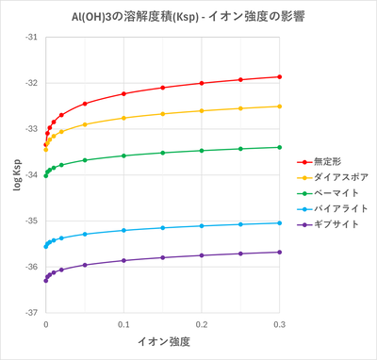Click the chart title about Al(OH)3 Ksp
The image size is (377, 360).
point(188,16)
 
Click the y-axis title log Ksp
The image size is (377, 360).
point(13,174)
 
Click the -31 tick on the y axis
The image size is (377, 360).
point(31,38)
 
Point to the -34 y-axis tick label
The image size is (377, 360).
point(31,175)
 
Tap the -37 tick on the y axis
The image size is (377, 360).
point(31,312)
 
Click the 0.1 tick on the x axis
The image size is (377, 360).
point(123,323)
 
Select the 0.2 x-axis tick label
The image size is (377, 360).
point(202,323)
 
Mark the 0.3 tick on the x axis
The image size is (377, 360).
point(280,323)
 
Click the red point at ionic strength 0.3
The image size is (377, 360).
point(280,76)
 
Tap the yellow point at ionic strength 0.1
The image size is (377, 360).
point(123,118)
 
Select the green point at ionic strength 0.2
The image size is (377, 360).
point(202,150)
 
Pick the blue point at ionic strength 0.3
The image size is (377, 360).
point(280,222)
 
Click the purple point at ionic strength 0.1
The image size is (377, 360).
point(123,260)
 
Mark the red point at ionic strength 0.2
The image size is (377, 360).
point(202,83)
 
